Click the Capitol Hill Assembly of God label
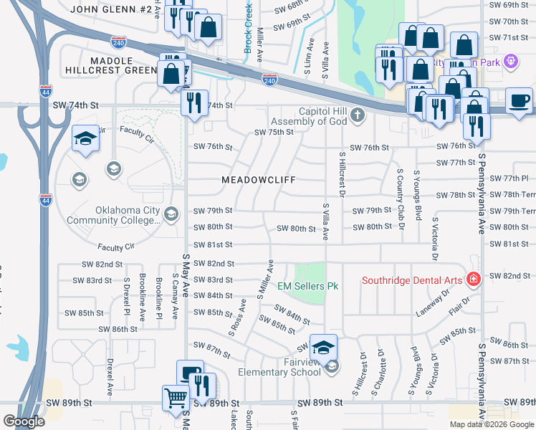(313, 116)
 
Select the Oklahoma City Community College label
(127, 215)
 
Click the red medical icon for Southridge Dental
(472, 278)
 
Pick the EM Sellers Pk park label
(307, 286)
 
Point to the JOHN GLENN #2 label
(111, 9)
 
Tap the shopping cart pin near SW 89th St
(176, 398)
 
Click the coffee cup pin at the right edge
(518, 101)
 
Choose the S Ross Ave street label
(237, 315)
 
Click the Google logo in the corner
(24, 421)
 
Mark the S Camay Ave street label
(175, 291)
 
